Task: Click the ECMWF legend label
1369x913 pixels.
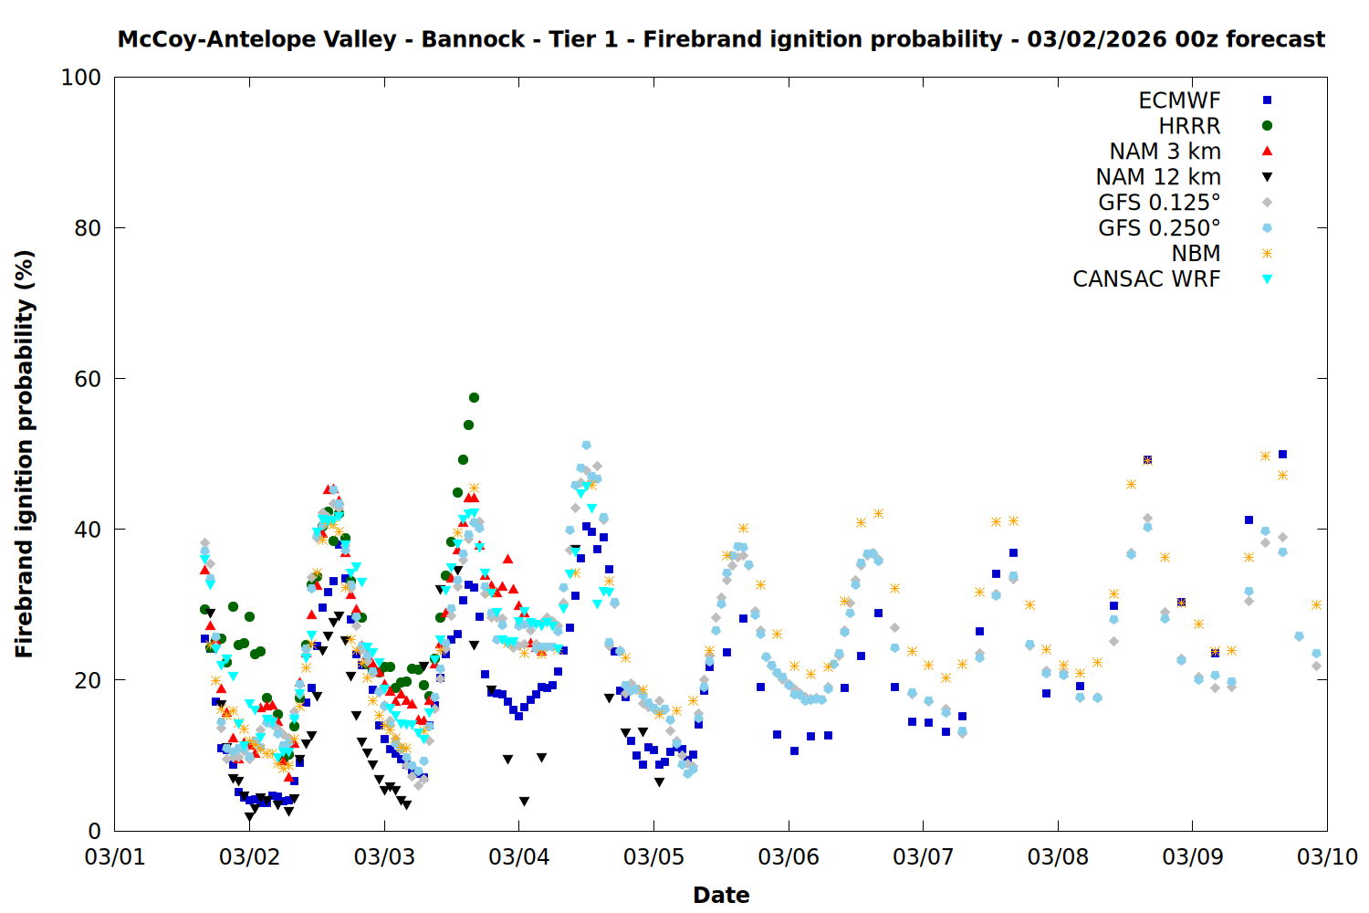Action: [x=1179, y=100]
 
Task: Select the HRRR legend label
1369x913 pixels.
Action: [x=1189, y=126]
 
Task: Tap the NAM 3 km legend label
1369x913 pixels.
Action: [x=1165, y=152]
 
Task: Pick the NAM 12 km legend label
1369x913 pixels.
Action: [x=1158, y=177]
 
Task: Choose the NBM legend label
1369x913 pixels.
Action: [x=1196, y=254]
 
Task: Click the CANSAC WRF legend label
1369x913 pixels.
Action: [x=1146, y=279]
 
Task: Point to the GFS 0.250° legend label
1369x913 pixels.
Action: [x=1159, y=228]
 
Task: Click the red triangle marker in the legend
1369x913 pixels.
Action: [x=1267, y=151]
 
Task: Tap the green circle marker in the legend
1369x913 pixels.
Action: [x=1267, y=126]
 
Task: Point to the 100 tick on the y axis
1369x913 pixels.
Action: [x=80, y=78]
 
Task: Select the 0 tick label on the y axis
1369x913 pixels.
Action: [x=94, y=831]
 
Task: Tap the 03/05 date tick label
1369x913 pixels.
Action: [x=653, y=857]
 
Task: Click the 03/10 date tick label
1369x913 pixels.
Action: [x=1327, y=857]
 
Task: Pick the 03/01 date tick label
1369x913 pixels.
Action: [x=115, y=857]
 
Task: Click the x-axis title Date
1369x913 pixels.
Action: [x=721, y=895]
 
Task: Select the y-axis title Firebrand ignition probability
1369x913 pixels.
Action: [x=25, y=454]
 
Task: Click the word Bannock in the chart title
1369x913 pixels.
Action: [x=473, y=39]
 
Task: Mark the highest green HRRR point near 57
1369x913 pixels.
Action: [x=474, y=397]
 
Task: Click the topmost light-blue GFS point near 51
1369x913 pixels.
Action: [x=586, y=446]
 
